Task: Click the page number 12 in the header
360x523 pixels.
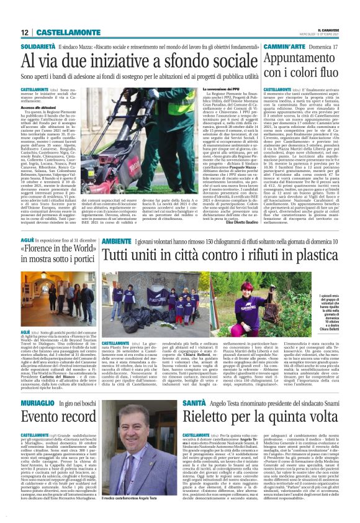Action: point(25,32)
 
